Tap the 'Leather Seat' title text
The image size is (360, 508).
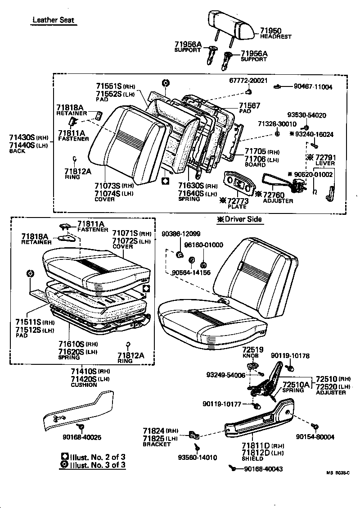tap(53, 20)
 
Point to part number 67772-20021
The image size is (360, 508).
tap(247, 81)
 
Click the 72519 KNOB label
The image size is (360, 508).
tap(253, 352)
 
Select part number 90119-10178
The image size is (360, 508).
tap(290, 356)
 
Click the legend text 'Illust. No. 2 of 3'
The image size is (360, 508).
tap(98, 457)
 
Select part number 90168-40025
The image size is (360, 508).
tap(82, 436)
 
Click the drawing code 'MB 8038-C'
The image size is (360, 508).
tap(338, 472)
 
